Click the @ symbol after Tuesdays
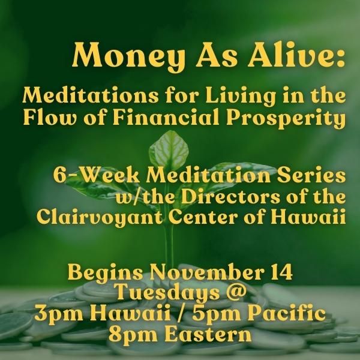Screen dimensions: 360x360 point(234,293)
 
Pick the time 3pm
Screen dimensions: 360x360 point(59,314)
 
